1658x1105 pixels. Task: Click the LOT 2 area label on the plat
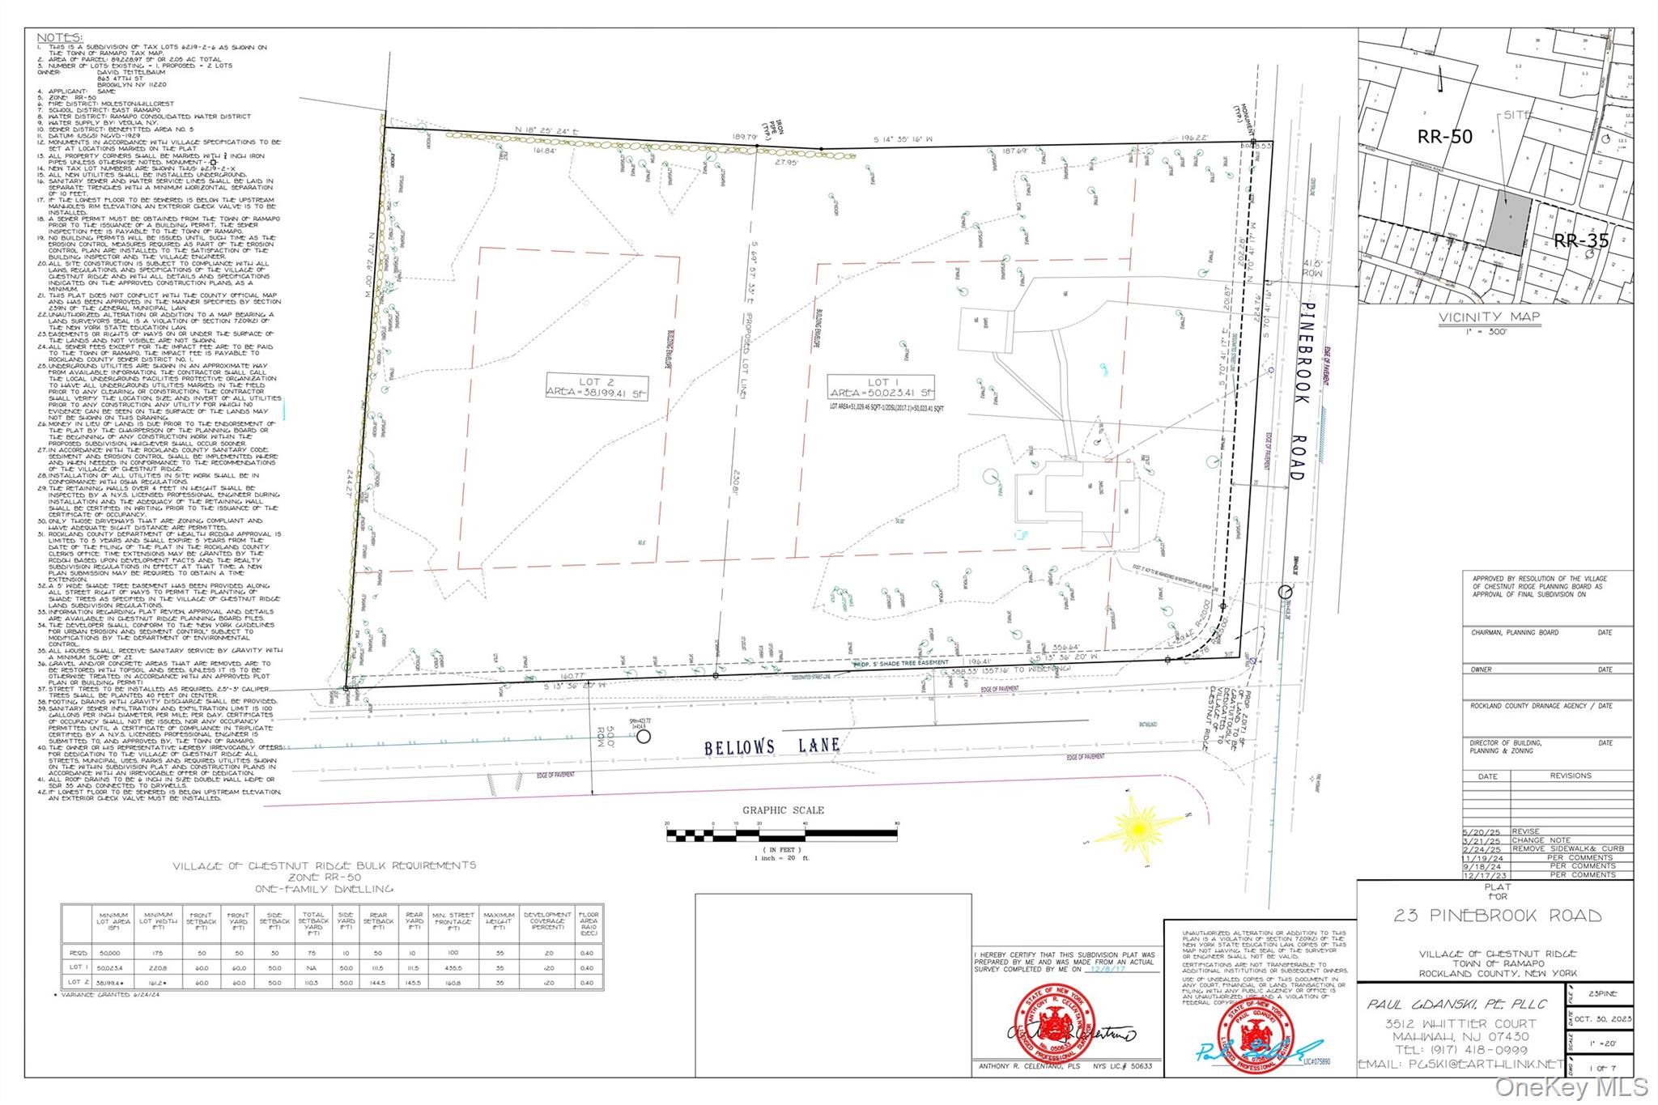coord(597,387)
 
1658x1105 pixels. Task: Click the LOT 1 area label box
coord(880,387)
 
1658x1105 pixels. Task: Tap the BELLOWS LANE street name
coord(772,746)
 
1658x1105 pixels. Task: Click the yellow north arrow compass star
coord(1137,828)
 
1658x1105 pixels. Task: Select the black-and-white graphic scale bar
coord(781,834)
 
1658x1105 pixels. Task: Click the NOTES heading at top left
coord(59,38)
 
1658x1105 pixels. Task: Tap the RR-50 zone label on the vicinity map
coord(1444,137)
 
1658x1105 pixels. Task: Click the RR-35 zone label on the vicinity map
coord(1580,240)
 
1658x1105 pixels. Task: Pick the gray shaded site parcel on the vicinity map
coord(1507,223)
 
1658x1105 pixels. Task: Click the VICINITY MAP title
coord(1489,317)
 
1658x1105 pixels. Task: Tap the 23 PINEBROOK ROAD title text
coord(1497,916)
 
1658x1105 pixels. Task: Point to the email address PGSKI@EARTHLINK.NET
coord(1460,1064)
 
